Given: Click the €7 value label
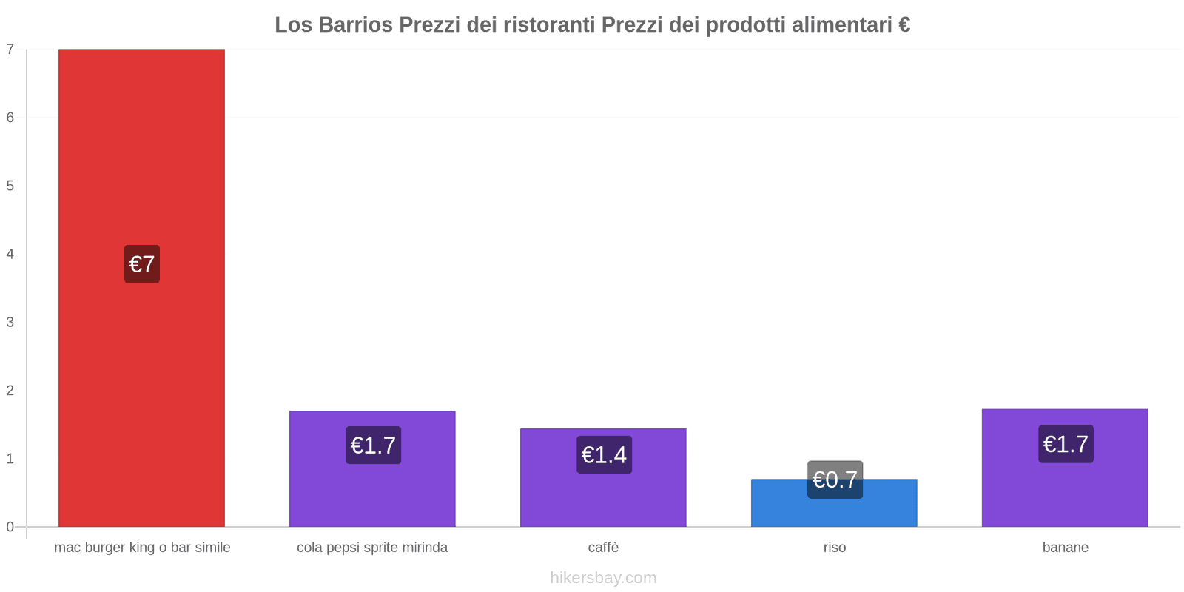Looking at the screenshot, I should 142,264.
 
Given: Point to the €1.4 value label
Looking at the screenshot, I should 604,454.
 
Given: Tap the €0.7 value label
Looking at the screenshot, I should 835,480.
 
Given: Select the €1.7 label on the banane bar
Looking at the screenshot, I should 1066,444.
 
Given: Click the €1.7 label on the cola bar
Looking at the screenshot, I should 373,445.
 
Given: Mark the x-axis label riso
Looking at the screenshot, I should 835,548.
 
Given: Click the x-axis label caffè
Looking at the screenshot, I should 603,548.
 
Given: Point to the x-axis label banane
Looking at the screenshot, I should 1065,548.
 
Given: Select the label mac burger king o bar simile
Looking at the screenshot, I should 142,548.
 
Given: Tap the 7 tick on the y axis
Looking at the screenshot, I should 10,50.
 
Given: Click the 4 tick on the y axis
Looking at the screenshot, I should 10,254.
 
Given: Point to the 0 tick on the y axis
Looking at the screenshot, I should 10,527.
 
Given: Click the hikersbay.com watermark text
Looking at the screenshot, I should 603,578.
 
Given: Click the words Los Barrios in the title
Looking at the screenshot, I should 334,25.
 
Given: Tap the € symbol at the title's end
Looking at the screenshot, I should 904,25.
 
